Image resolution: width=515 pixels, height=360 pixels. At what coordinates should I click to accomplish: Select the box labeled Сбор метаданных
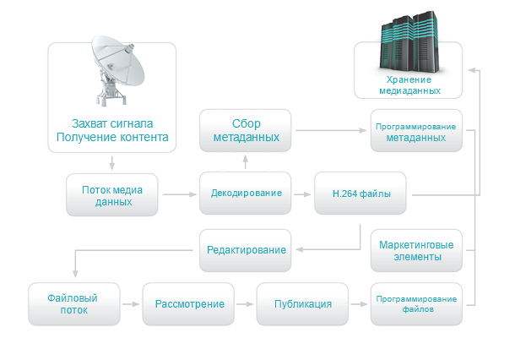[x=246, y=130]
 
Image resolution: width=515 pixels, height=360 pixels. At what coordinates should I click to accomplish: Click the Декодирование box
[x=246, y=193]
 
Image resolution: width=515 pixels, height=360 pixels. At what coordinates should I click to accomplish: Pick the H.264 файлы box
[x=360, y=193]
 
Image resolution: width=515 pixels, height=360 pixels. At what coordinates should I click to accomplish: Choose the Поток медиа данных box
[x=112, y=194]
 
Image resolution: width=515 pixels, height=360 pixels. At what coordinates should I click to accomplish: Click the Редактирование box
[x=246, y=250]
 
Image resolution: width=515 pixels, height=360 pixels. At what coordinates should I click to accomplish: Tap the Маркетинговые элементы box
[x=416, y=250]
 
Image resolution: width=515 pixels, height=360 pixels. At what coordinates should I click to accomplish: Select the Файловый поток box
[x=74, y=304]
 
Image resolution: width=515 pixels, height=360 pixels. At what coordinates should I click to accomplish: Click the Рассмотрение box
[x=188, y=304]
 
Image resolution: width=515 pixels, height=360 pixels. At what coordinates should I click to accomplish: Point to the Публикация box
[x=302, y=304]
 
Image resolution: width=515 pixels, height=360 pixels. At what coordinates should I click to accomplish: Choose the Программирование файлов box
[x=416, y=304]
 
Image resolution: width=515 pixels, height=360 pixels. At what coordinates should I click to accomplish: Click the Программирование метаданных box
[x=416, y=130]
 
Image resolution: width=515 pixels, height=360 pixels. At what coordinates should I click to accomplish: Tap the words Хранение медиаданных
[x=409, y=85]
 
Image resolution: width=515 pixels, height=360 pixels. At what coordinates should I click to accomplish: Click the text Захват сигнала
[x=112, y=123]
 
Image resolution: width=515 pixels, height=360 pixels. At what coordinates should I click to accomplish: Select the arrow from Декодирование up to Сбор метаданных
[x=246, y=161]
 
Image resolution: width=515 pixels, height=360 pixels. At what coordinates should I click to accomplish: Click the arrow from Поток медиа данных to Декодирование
[x=179, y=194]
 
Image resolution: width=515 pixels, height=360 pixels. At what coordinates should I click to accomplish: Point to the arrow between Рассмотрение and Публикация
[x=245, y=304]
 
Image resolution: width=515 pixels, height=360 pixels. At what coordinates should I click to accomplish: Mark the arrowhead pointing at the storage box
[x=472, y=70]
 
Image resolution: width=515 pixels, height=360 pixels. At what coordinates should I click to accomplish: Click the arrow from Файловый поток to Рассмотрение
[x=131, y=304]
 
